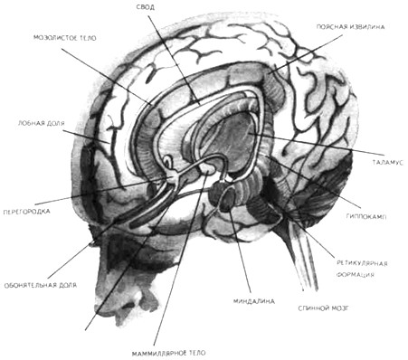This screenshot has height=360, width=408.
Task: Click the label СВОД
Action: pyautogui.click(x=146, y=7)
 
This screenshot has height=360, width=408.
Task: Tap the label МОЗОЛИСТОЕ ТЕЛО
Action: pyautogui.click(x=65, y=38)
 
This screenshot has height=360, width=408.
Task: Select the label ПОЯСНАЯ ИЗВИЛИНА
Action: pyautogui.click(x=350, y=27)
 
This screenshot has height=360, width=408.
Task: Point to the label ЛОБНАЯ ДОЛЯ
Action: pyautogui.click(x=42, y=123)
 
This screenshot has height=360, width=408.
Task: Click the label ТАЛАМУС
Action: pyautogui.click(x=388, y=163)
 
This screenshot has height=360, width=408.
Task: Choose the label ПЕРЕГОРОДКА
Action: pyautogui.click(x=26, y=212)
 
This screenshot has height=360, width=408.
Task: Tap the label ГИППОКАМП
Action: pyautogui.click(x=366, y=216)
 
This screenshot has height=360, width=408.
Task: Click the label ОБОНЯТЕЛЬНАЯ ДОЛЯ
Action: pyautogui.click(x=41, y=285)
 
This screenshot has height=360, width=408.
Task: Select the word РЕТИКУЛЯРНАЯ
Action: pyautogui.click(x=362, y=263)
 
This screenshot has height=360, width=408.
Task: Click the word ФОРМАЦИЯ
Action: pyautogui.click(x=356, y=275)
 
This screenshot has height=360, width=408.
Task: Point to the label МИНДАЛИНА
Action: pyautogui.click(x=254, y=301)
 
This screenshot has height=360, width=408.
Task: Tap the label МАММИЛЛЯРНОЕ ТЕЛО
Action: pyautogui.click(x=169, y=353)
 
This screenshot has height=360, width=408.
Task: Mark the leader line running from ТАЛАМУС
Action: pyautogui.click(x=316, y=144)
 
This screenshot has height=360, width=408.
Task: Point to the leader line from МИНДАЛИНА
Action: pyautogui.click(x=240, y=250)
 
